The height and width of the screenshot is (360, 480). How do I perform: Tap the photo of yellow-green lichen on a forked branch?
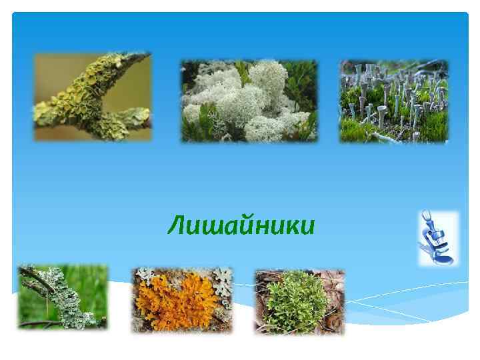coord(93,97)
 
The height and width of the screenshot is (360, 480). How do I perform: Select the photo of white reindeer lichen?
coord(249,101)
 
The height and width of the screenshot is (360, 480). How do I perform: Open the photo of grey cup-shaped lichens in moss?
coord(393,101)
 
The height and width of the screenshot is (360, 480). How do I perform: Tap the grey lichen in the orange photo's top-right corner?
coord(223,277)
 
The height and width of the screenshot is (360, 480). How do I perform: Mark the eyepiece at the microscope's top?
coord(427,217)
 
